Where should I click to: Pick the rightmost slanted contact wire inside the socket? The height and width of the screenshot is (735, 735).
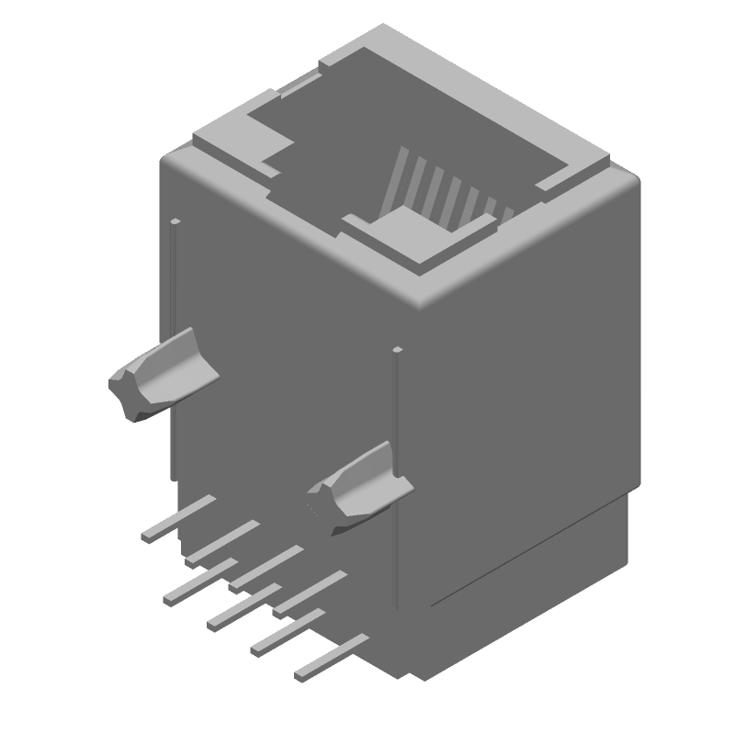tap(504, 216)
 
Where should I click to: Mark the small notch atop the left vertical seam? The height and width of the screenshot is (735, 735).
tap(174, 221)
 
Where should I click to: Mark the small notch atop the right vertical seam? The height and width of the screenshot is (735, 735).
tap(397, 350)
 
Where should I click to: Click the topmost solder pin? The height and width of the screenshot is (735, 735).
tap(179, 518)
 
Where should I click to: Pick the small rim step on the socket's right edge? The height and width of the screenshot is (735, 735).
tap(551, 180)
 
